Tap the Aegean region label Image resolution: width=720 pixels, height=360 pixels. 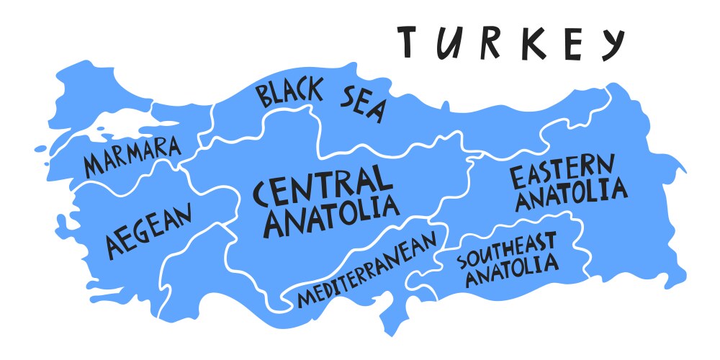pyautogui.click(x=150, y=230)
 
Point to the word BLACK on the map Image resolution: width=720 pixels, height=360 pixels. pyautogui.click(x=289, y=94)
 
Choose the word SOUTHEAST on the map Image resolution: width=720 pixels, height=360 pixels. pyautogui.click(x=505, y=249)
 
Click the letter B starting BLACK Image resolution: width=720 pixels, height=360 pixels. pyautogui.click(x=264, y=95)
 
